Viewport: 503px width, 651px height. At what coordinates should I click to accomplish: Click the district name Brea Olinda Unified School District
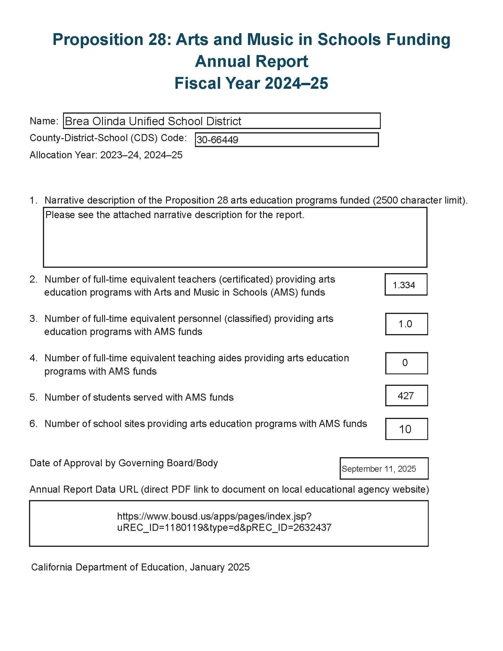(153, 121)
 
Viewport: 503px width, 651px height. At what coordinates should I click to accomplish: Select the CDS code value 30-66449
(217, 140)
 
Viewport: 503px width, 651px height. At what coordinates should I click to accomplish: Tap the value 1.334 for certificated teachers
(404, 285)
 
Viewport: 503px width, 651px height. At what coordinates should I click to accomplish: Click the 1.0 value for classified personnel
(405, 324)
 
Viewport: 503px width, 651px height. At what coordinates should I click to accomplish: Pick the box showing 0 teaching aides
(405, 363)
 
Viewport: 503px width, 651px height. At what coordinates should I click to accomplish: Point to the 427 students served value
(406, 396)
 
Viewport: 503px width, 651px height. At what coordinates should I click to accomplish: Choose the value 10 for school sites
(405, 429)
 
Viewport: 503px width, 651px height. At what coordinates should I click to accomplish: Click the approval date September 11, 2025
(378, 469)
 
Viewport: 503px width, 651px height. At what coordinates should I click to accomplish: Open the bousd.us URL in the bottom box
(224, 522)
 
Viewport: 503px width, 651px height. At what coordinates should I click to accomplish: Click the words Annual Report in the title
(251, 62)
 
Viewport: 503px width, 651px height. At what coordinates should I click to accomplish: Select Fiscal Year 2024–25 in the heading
(251, 83)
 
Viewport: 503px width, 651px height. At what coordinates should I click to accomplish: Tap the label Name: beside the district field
(44, 121)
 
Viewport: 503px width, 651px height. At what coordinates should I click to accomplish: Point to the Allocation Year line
(106, 155)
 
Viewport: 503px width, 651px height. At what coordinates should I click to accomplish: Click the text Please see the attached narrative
(175, 215)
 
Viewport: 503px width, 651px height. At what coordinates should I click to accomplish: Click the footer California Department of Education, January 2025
(140, 567)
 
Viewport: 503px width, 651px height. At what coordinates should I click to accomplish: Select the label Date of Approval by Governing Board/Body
(124, 463)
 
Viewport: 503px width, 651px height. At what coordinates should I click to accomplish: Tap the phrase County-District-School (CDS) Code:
(108, 138)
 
